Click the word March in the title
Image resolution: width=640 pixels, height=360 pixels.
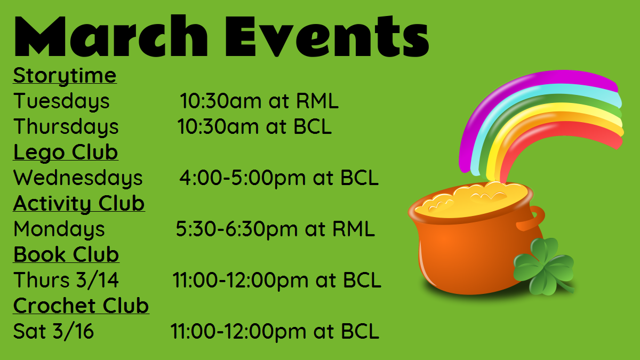tap(111, 36)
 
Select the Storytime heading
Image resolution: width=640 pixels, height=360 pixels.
tap(65, 76)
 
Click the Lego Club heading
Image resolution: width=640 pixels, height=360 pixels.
tap(66, 153)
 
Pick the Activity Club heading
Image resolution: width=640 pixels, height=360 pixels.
tap(79, 203)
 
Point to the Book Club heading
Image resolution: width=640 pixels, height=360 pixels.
tap(66, 254)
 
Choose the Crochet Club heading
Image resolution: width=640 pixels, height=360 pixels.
tap(81, 306)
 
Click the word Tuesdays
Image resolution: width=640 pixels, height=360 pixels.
tap(61, 101)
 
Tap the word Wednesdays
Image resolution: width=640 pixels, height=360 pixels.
tap(78, 178)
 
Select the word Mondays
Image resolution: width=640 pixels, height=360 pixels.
tap(59, 229)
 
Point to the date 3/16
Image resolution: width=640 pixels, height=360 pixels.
tap(74, 331)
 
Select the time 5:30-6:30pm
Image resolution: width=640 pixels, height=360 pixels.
tap(237, 229)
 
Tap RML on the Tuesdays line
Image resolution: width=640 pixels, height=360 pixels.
tap(317, 101)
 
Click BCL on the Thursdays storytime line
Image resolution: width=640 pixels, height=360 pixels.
tap(313, 126)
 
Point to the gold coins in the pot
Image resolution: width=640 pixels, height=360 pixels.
tap(471, 198)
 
